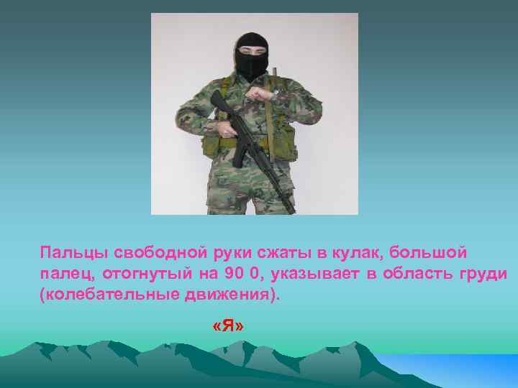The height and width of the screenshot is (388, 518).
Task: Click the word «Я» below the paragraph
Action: click(229, 326)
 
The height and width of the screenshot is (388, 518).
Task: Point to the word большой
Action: click(430, 254)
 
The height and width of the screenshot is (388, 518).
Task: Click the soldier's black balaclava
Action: click(252, 56)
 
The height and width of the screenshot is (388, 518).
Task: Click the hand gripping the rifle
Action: click(229, 130)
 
